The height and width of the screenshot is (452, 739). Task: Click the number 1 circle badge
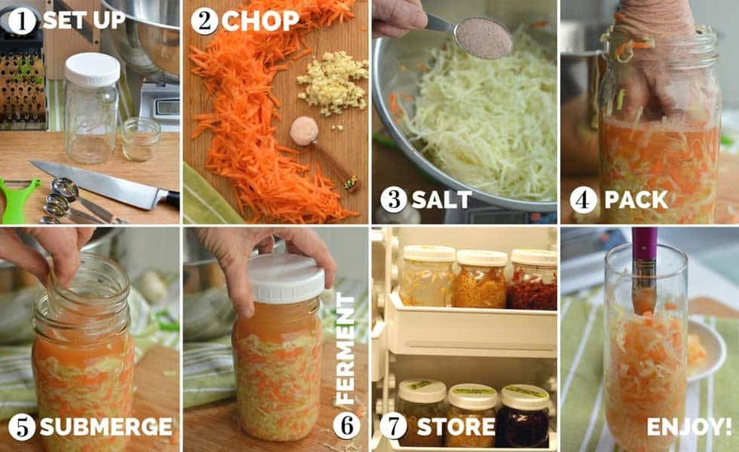(22, 22)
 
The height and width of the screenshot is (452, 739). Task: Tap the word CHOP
(260, 21)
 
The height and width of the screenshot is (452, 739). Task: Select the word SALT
(442, 200)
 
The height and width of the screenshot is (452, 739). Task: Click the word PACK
(636, 200)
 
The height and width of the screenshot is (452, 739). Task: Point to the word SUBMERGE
(106, 427)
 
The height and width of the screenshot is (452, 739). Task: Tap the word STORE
(456, 427)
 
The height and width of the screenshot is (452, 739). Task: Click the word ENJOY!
(689, 427)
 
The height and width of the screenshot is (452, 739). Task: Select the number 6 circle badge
(346, 426)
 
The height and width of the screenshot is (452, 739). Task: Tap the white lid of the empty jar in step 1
(92, 69)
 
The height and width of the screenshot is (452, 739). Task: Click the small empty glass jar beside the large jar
(141, 139)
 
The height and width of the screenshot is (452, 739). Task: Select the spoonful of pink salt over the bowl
(483, 38)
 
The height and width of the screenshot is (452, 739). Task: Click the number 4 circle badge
(583, 200)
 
